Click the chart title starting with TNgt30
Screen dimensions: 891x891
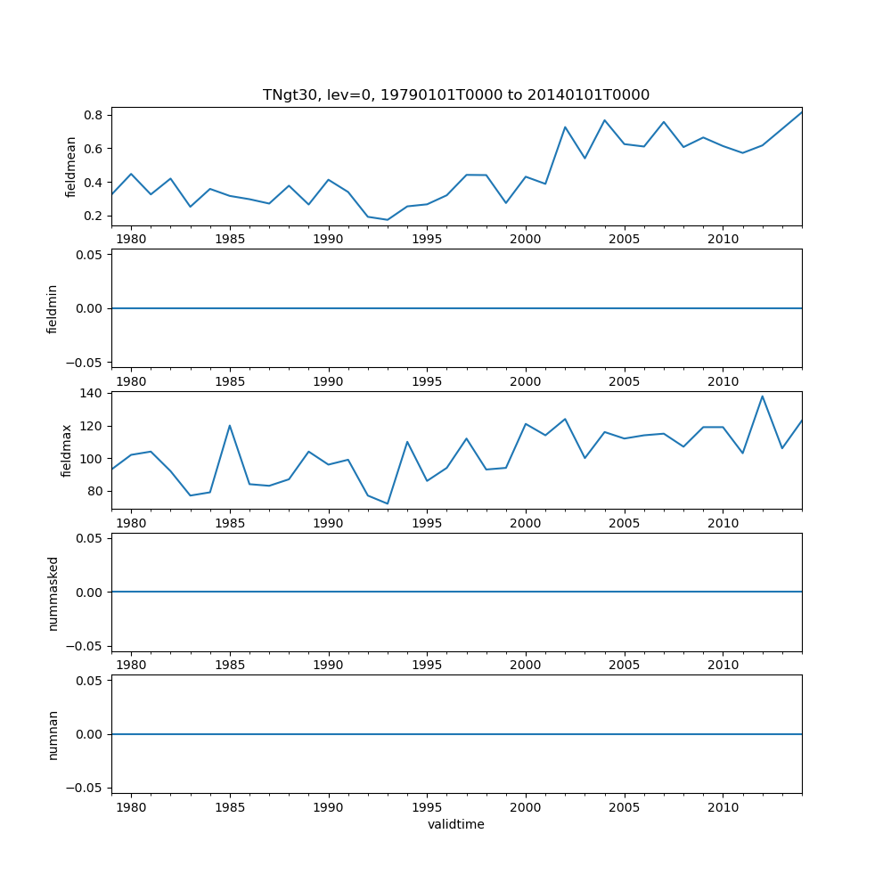(455, 94)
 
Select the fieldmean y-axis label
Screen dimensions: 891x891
(71, 167)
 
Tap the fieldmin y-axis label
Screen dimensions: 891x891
(53, 308)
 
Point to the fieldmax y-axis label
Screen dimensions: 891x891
(67, 450)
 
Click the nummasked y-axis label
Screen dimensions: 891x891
(53, 593)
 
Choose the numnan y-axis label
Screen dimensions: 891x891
(53, 734)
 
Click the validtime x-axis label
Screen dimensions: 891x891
(455, 824)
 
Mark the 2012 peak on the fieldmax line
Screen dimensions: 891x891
(762, 396)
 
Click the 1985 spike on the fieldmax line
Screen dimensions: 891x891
(230, 425)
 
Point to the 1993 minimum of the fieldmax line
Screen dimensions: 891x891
(388, 503)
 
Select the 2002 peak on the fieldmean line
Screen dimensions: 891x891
(565, 127)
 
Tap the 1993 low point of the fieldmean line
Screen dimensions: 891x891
(388, 220)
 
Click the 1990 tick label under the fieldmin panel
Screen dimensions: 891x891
(329, 381)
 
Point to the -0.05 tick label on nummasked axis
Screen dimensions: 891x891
(87, 646)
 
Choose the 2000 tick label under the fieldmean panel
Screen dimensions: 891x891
(526, 240)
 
